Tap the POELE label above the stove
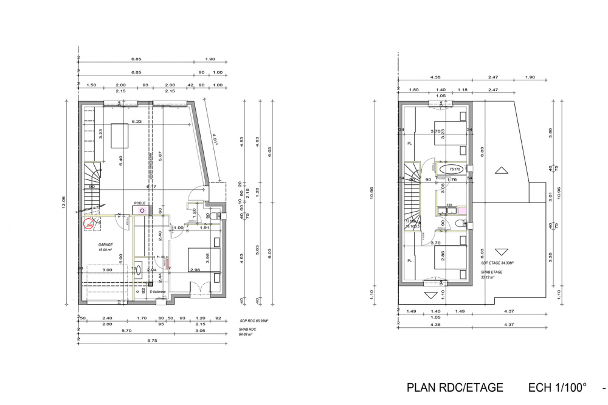pyautogui.click(x=140, y=204)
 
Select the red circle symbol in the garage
pyautogui.click(x=89, y=224)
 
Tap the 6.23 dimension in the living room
pyautogui.click(x=136, y=122)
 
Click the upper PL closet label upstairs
pyautogui.click(x=409, y=144)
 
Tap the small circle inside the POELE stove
pyautogui.click(x=142, y=210)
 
